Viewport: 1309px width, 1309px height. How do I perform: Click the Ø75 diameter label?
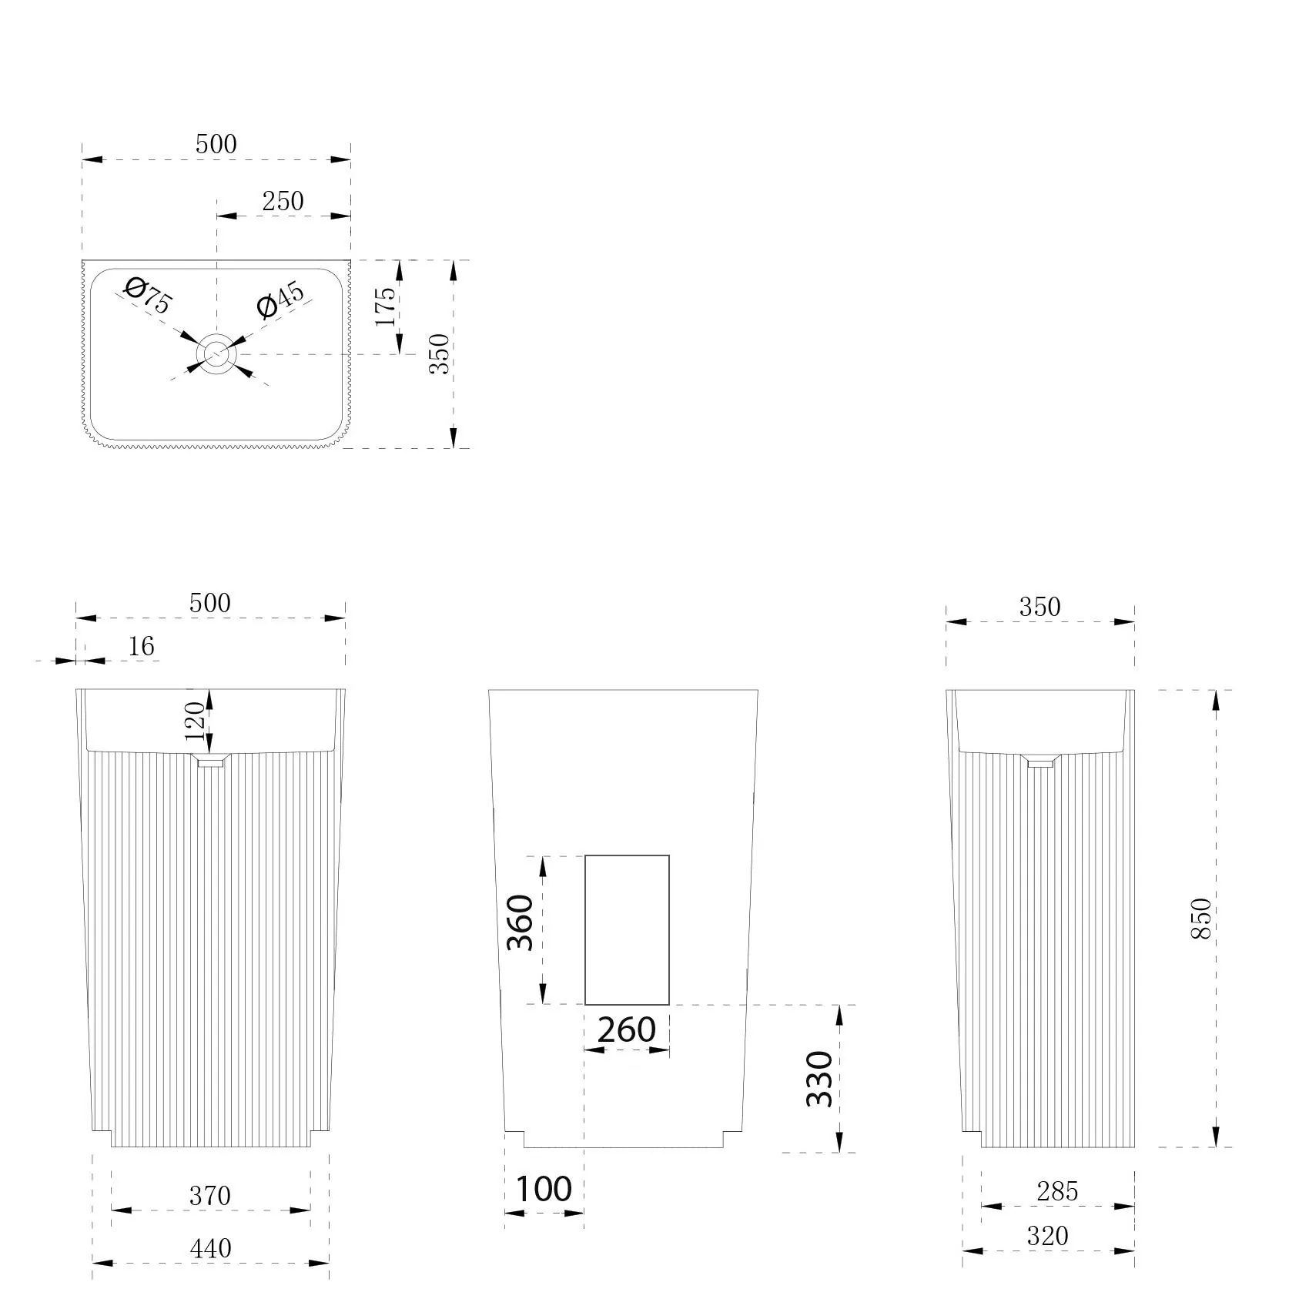pyautogui.click(x=149, y=296)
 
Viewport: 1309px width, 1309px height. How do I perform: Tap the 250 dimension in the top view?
pyautogui.click(x=283, y=201)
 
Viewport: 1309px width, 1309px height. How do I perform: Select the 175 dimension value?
pyautogui.click(x=387, y=306)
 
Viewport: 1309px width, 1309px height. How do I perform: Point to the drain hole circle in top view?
pyautogui.click(x=216, y=354)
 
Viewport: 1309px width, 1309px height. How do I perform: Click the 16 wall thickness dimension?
pyautogui.click(x=141, y=646)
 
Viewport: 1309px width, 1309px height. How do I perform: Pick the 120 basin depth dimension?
pyautogui.click(x=195, y=721)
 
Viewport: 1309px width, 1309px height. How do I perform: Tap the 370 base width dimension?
pyautogui.click(x=209, y=1196)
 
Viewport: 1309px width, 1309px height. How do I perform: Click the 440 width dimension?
pyautogui.click(x=209, y=1248)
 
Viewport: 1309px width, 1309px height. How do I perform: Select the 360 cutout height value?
pyautogui.click(x=521, y=922)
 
